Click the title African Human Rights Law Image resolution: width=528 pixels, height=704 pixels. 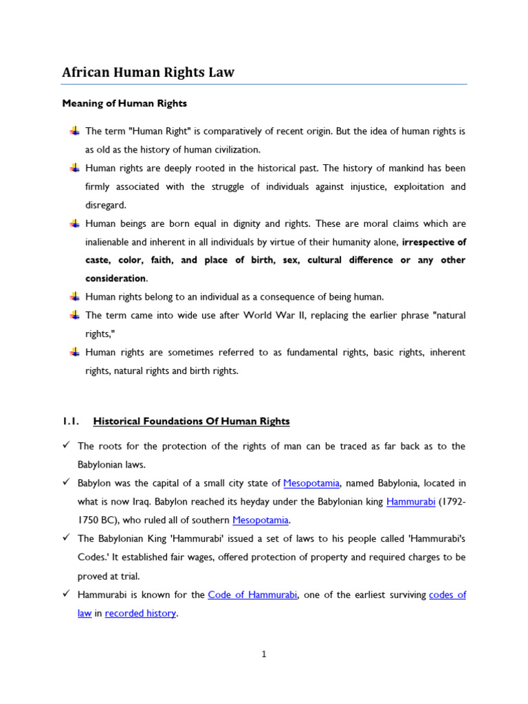pyautogui.click(x=148, y=72)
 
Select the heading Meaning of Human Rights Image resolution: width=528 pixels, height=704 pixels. pyautogui.click(x=124, y=104)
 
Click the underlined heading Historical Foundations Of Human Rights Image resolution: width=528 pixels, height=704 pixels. pyautogui.click(x=191, y=421)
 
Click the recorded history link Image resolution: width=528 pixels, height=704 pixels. pyautogui.click(x=140, y=613)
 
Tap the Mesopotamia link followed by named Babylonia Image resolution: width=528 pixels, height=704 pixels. pyautogui.click(x=311, y=483)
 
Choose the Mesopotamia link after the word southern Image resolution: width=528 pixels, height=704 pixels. pyautogui.click(x=261, y=520)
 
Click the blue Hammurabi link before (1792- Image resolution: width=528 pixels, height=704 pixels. pyautogui.click(x=410, y=502)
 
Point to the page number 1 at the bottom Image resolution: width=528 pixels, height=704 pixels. pyautogui.click(x=264, y=654)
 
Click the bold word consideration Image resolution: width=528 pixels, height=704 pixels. pyautogui.click(x=115, y=278)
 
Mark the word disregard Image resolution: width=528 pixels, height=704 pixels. pyautogui.click(x=105, y=205)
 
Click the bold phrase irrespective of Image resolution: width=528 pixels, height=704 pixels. pyautogui.click(x=434, y=242)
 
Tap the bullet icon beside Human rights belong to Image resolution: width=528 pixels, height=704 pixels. pyautogui.click(x=74, y=296)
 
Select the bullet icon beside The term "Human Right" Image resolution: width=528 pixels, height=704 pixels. pyautogui.click(x=74, y=131)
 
